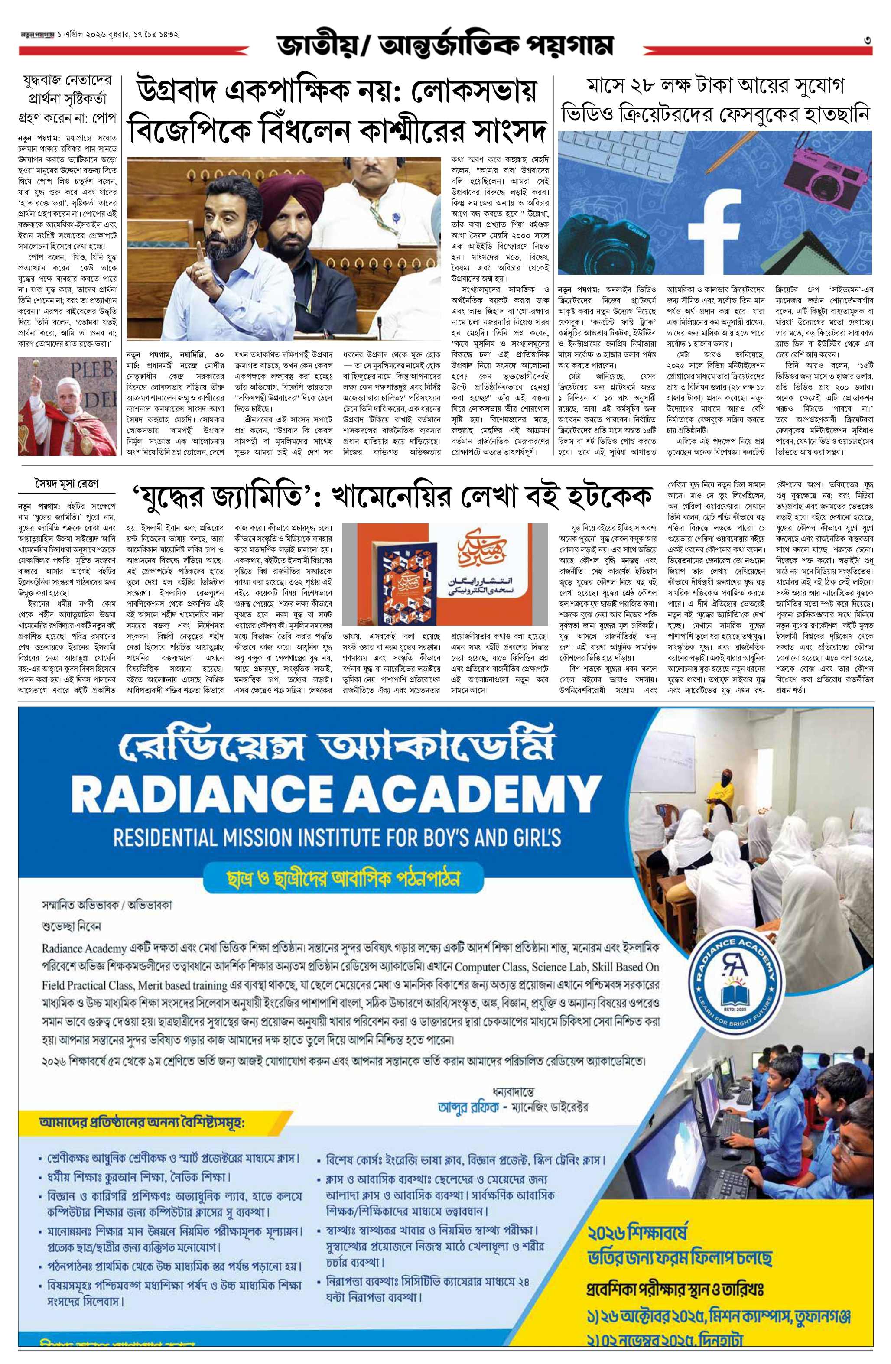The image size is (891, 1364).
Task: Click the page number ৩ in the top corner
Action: pyautogui.click(x=868, y=40)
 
